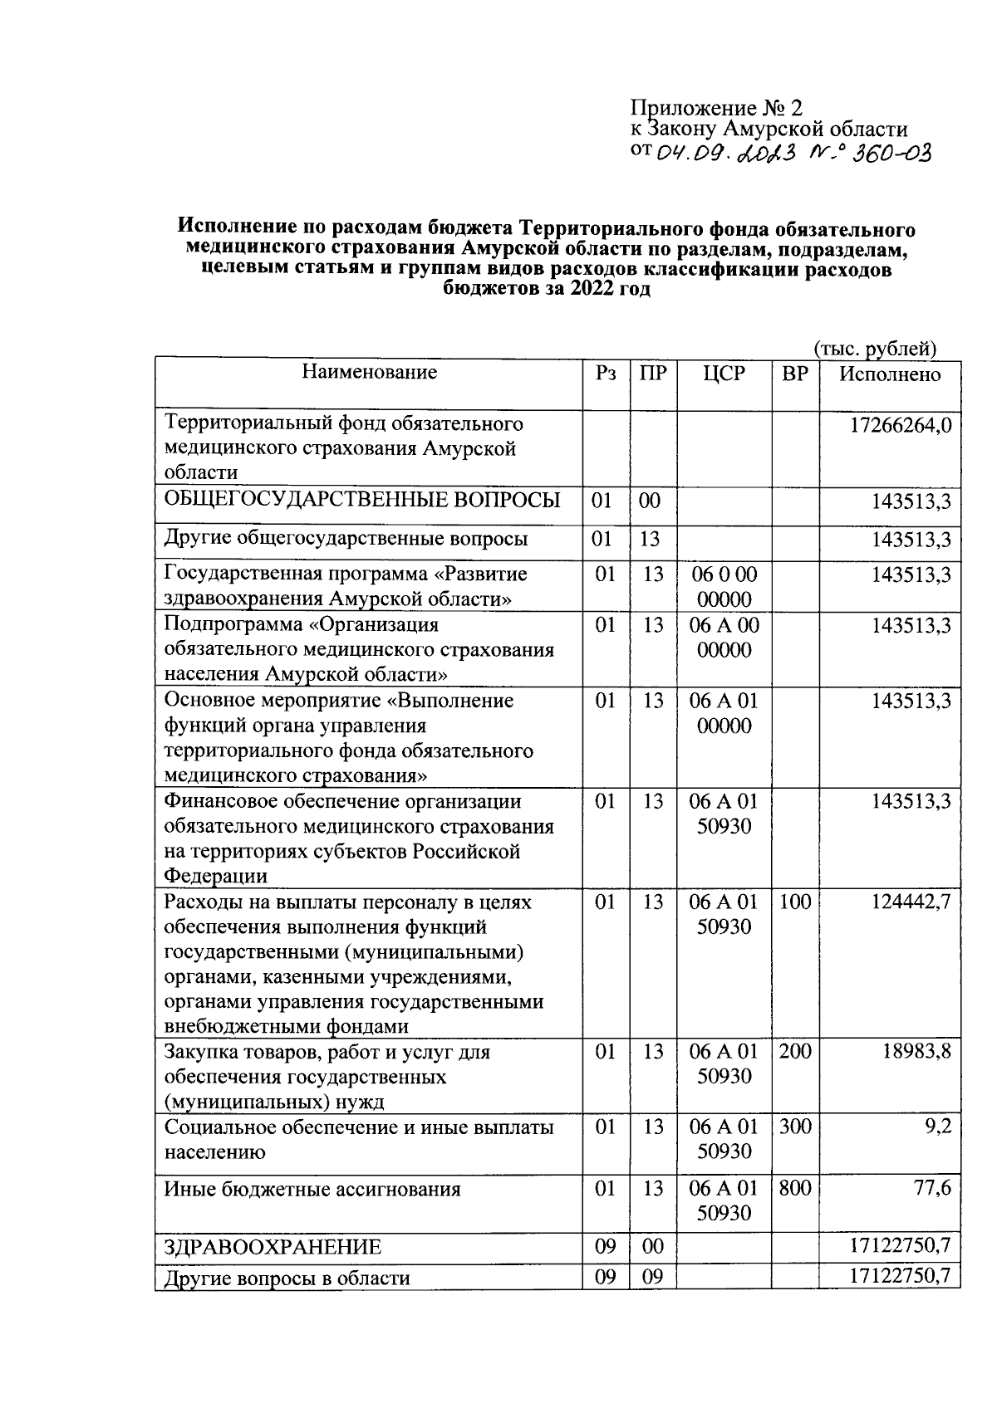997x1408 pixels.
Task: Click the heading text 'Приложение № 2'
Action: [x=718, y=108]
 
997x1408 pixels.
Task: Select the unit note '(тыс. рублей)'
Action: [x=875, y=349]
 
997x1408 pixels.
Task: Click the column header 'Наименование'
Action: [x=369, y=372]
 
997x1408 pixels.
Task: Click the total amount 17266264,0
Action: [x=900, y=426]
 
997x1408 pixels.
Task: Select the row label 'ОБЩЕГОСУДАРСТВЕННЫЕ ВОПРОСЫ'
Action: [x=362, y=500]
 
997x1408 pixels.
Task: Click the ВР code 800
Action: [x=795, y=1189]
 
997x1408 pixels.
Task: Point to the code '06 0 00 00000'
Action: [x=724, y=587]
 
